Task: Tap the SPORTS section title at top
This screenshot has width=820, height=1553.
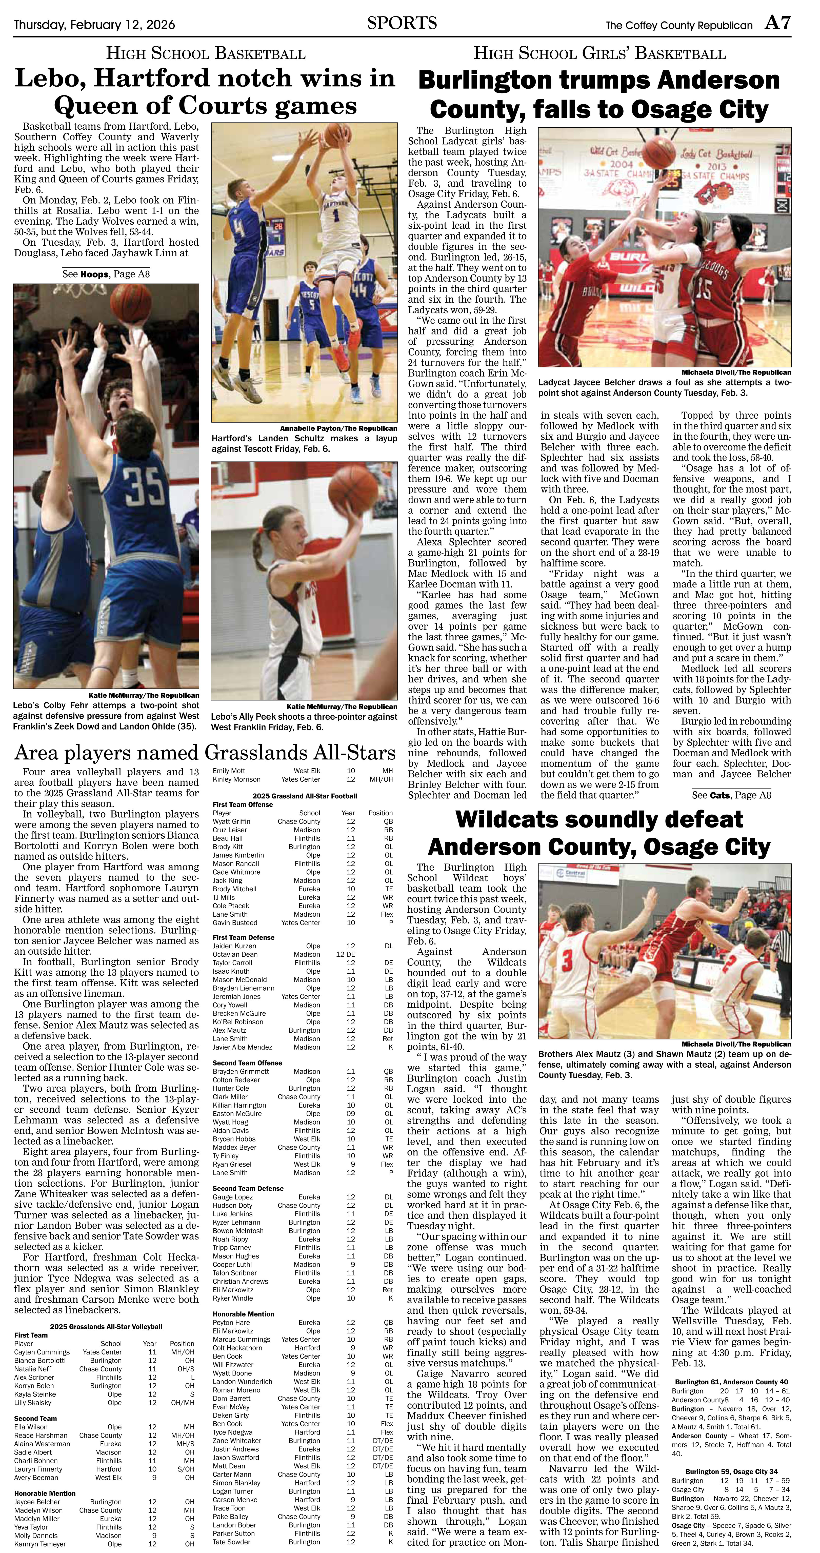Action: tap(402, 24)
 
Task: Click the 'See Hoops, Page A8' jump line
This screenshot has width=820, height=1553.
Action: tap(106, 274)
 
